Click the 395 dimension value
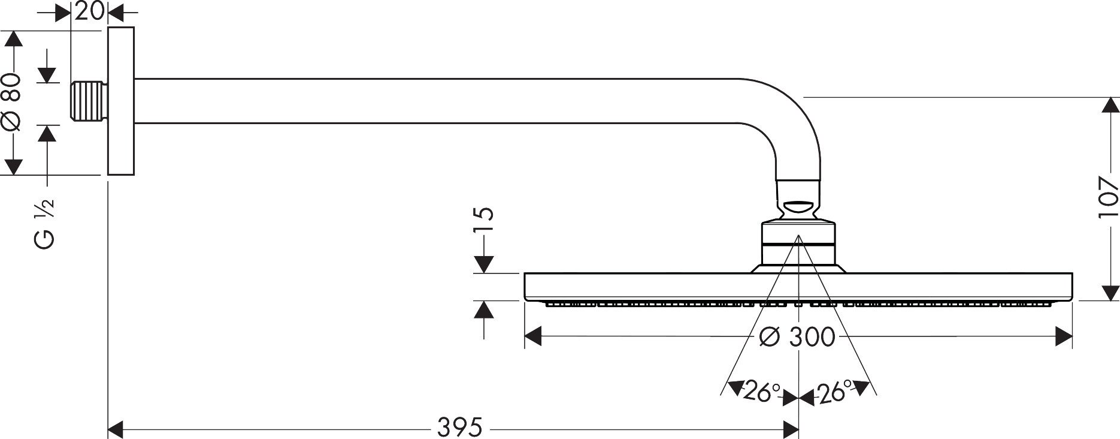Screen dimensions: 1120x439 [x=459, y=428]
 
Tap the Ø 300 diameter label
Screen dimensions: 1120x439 [x=796, y=337]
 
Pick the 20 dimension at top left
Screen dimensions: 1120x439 [x=90, y=11]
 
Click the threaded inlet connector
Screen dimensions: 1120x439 [x=90, y=102]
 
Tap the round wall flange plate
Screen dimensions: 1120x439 [x=121, y=102]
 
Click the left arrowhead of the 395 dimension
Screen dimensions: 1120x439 [x=116, y=429]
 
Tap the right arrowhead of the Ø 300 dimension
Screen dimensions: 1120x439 [x=1064, y=336]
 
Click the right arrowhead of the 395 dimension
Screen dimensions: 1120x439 [x=791, y=429]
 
